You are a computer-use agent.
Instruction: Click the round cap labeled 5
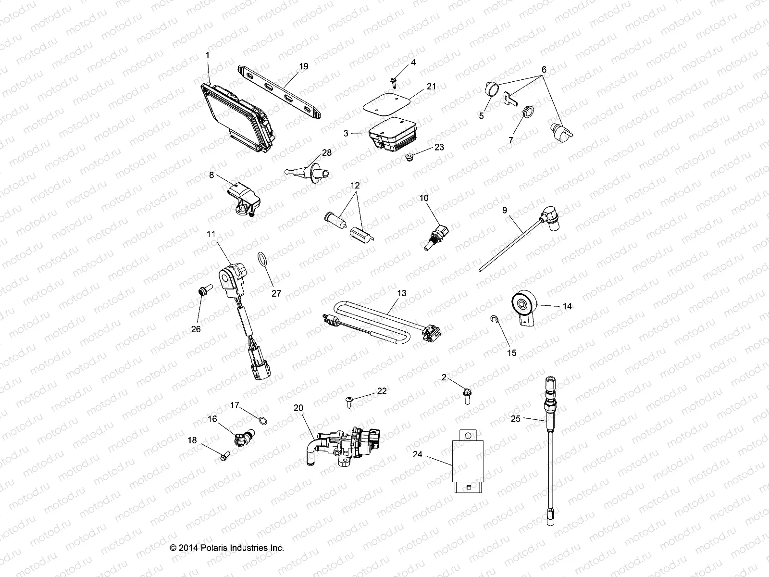point(490,89)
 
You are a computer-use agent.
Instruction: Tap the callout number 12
point(355,185)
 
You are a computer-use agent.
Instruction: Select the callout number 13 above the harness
point(402,293)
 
